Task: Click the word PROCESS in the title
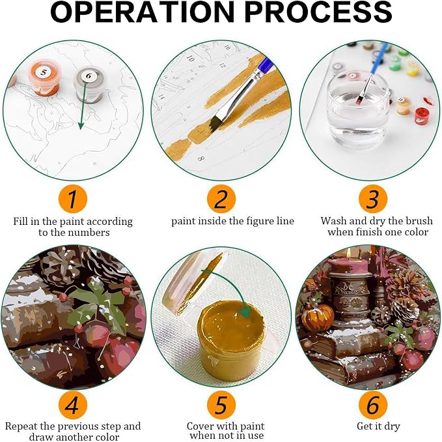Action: pyautogui.click(x=318, y=12)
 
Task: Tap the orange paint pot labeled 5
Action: pyautogui.click(x=44, y=77)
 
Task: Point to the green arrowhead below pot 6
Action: pyautogui.click(x=81, y=125)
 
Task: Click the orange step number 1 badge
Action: pyautogui.click(x=73, y=199)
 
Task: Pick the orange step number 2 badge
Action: pyautogui.click(x=221, y=199)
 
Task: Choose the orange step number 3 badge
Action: pyautogui.click(x=372, y=199)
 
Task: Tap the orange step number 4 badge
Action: pyautogui.click(x=73, y=405)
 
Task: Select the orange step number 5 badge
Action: pyautogui.click(x=221, y=405)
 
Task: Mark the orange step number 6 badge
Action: pyautogui.click(x=372, y=405)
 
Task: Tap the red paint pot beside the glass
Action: pyautogui.click(x=422, y=116)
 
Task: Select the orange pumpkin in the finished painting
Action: pyautogui.click(x=318, y=317)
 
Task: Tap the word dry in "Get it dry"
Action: pyautogui.click(x=391, y=426)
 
